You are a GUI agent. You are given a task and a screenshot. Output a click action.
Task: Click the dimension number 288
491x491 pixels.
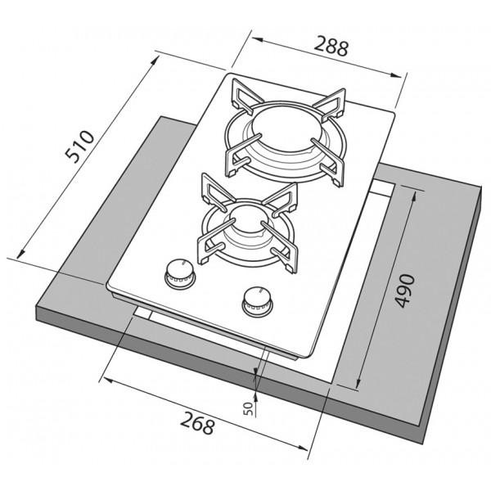(331, 46)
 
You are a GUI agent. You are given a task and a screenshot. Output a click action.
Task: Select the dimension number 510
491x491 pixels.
(79, 146)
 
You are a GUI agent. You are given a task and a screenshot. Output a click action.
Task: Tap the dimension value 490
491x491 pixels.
(405, 291)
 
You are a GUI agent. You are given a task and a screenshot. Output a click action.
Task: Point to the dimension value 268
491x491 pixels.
(198, 423)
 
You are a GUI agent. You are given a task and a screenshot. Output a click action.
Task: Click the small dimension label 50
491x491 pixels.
(248, 408)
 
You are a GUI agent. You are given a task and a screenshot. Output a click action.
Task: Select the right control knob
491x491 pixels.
(257, 300)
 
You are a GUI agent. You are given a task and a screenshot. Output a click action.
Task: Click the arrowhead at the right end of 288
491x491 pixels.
(396, 74)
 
